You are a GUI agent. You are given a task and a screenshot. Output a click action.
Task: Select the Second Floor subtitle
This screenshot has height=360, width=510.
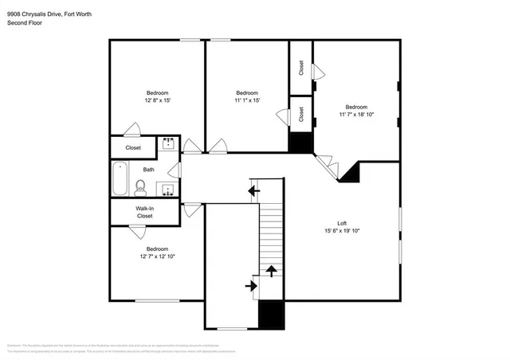[x=23, y=23]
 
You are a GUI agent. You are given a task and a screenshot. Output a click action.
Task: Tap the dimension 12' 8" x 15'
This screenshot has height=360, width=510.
[x=156, y=100]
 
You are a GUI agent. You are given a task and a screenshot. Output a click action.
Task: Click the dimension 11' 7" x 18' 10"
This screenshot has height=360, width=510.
[x=355, y=115]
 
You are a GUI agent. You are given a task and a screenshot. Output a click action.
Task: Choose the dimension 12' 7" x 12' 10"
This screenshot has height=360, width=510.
[x=157, y=256]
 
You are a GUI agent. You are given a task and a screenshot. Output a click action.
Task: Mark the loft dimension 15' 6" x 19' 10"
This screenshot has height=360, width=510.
[x=341, y=231]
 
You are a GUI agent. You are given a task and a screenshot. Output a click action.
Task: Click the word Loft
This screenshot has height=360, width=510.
[x=341, y=222]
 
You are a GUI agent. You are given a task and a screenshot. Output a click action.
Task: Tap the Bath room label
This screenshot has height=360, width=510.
[x=148, y=170]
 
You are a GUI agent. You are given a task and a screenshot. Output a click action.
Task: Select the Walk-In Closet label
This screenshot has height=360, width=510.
[x=144, y=212]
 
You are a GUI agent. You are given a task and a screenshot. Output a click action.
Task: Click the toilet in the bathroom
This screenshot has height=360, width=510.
[x=140, y=188]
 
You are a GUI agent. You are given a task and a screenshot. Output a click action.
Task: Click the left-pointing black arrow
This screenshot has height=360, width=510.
[x=254, y=190]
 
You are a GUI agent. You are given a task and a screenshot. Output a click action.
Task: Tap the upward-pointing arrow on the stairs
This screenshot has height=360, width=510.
[x=271, y=271]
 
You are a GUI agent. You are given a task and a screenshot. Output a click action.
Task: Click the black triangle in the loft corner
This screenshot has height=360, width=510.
[x=351, y=173]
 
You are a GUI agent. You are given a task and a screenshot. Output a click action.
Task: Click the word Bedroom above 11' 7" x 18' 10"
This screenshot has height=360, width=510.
[x=355, y=107]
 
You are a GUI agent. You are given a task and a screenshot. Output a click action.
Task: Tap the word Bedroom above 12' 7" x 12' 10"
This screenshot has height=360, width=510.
[x=157, y=248]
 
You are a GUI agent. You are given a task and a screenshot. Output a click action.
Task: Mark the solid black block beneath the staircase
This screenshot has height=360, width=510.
[x=272, y=315]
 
